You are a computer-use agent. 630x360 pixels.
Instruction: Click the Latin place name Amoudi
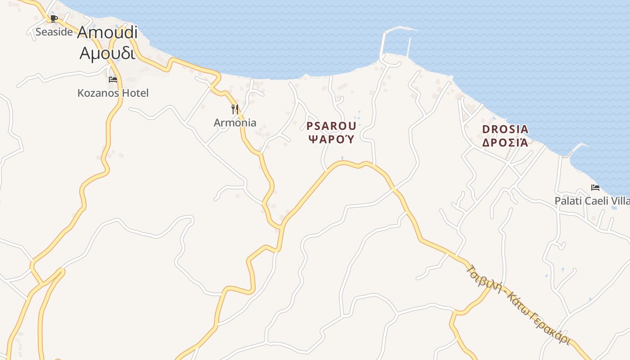tap(108, 32)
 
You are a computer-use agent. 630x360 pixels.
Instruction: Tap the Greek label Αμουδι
tap(108, 53)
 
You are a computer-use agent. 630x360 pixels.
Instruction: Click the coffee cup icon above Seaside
tap(54, 18)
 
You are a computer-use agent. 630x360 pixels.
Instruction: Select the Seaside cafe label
tap(54, 32)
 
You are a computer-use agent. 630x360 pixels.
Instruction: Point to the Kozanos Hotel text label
tap(113, 93)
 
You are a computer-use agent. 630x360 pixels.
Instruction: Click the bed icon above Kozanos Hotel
tap(113, 80)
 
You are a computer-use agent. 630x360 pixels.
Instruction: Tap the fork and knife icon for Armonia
tap(235, 109)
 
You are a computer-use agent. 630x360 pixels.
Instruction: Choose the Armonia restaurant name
tap(235, 122)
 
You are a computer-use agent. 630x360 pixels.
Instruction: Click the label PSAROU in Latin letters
tap(331, 126)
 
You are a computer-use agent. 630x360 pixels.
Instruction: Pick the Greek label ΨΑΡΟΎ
tap(331, 139)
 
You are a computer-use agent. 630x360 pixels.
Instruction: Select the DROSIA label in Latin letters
tap(505, 130)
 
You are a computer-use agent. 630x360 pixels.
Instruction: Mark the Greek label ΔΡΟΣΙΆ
tap(505, 143)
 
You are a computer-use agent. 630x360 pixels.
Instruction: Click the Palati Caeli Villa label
tap(592, 201)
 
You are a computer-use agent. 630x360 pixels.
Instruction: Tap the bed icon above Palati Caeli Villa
tap(595, 188)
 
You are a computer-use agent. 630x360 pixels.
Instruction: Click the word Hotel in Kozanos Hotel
tap(135, 93)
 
